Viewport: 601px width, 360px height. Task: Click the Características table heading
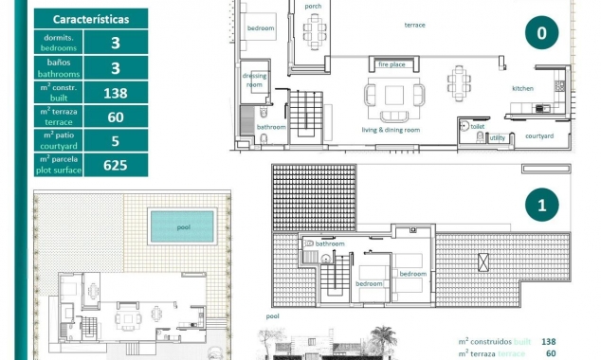point(85,18)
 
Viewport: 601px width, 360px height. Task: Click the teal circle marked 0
point(541,33)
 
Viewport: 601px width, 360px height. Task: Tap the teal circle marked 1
point(541,204)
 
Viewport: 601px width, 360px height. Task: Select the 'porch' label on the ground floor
point(313,7)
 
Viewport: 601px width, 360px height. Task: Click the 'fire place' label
point(392,64)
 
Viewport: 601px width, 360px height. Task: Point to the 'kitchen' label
point(523,88)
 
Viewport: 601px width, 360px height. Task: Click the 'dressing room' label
point(254,80)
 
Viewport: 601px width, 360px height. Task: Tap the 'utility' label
point(497,137)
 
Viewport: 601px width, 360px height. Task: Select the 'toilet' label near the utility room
point(477,125)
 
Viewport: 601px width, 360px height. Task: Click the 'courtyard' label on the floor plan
point(539,135)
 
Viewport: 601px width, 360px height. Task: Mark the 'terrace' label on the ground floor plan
point(414,25)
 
